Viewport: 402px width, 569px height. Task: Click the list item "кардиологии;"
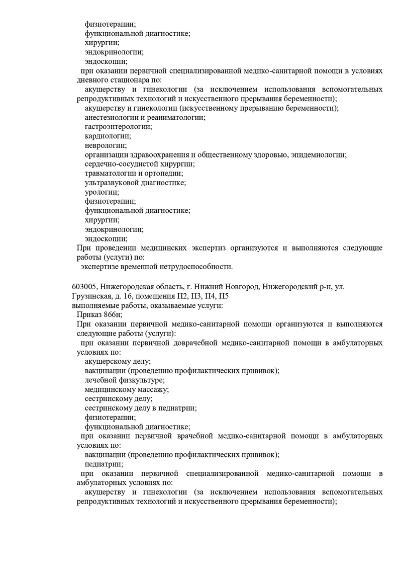[x=108, y=136]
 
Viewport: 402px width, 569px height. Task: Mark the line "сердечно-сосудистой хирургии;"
[x=140, y=164]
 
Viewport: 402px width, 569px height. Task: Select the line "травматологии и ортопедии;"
[x=134, y=173]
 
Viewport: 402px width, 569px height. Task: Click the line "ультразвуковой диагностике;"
[x=135, y=182]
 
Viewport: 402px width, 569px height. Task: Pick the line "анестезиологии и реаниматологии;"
[x=145, y=117]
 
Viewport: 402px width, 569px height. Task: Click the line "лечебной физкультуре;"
[x=125, y=380]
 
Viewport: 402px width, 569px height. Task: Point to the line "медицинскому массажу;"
[x=127, y=389]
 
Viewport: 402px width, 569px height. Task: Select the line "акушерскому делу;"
[x=118, y=361]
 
